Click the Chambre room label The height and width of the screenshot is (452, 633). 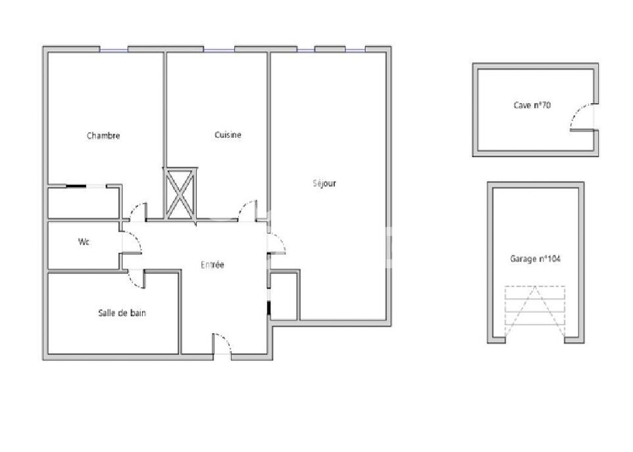103,135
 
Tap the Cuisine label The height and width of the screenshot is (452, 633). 228,135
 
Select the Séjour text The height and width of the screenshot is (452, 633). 324,183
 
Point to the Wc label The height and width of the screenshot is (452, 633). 84,242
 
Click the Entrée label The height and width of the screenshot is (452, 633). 213,265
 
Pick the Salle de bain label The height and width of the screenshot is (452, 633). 122,313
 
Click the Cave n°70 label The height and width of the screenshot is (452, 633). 532,105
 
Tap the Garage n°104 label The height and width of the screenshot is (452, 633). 536,259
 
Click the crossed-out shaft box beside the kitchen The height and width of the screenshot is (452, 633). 180,194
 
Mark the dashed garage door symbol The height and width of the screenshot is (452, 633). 535,311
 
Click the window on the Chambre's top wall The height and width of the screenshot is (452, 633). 114,50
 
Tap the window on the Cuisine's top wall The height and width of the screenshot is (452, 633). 219,50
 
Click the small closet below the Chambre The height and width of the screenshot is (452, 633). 84,203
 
